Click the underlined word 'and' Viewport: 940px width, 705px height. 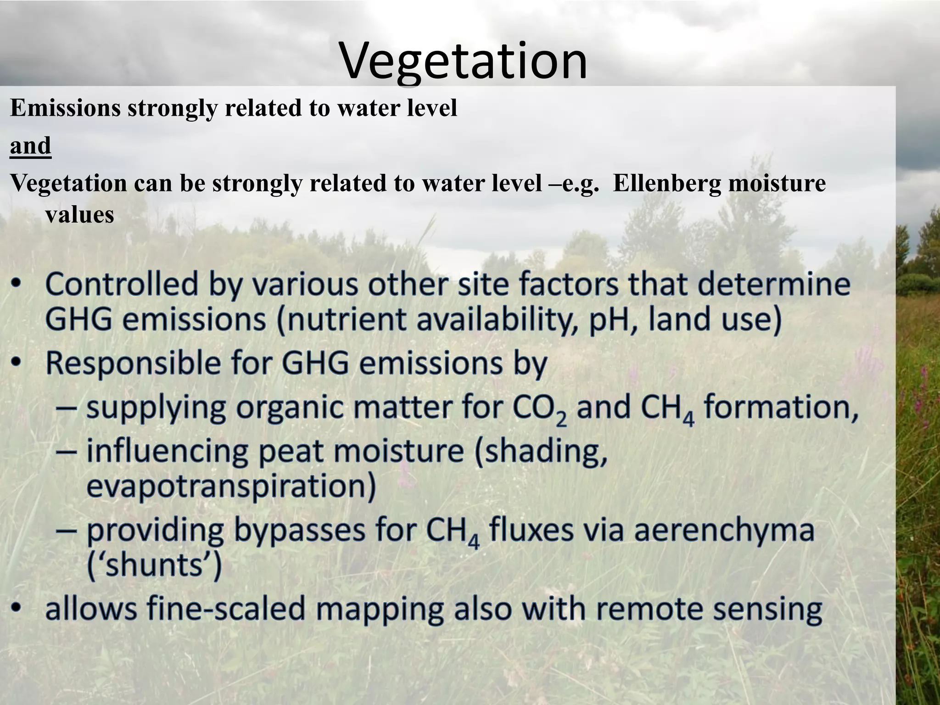tap(30, 146)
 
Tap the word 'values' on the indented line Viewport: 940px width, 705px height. tap(79, 214)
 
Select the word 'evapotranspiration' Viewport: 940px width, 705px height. tap(231, 487)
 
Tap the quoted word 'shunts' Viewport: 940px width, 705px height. tap(154, 565)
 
